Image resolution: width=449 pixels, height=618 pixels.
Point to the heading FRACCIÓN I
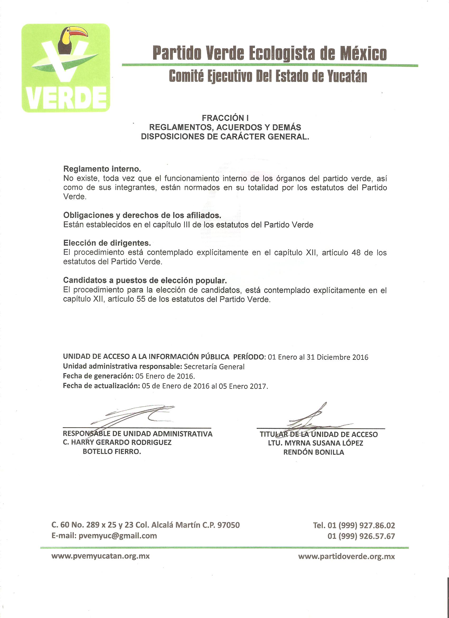click(225, 118)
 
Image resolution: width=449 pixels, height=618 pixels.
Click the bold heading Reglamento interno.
click(102, 169)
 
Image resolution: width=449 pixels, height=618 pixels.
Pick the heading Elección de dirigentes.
click(107, 243)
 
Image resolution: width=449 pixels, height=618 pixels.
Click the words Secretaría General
click(214, 367)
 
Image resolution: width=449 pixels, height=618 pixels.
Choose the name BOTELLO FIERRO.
click(112, 451)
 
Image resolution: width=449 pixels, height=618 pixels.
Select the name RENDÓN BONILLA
click(314, 452)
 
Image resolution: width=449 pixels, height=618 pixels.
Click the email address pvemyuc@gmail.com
click(118, 536)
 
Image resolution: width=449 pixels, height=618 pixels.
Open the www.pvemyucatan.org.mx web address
click(100, 556)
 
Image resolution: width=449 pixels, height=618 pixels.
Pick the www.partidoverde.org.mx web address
click(346, 556)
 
